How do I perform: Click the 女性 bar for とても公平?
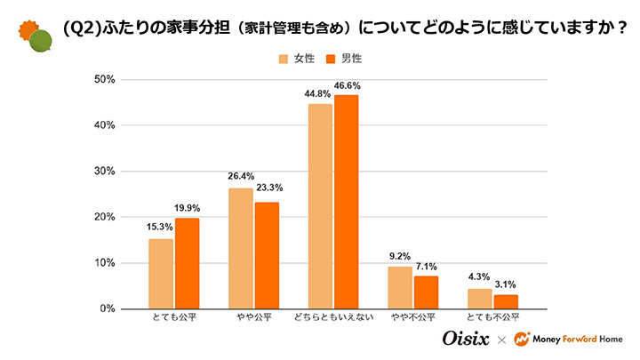coord(161,274)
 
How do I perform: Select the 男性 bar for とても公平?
coord(187,263)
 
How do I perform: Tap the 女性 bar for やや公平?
coord(240,248)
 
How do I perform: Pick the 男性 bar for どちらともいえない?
coord(347,202)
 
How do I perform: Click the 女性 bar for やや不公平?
coord(400,287)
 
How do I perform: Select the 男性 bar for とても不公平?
coord(506,301)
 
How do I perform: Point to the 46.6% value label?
coord(348,85)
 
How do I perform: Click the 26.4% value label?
coord(240,178)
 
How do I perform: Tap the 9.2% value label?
coord(400,257)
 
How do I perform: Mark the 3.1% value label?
coord(507,285)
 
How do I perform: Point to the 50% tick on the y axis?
coord(105,80)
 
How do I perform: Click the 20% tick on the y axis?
coord(105,217)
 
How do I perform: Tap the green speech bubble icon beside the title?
coord(40,41)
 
